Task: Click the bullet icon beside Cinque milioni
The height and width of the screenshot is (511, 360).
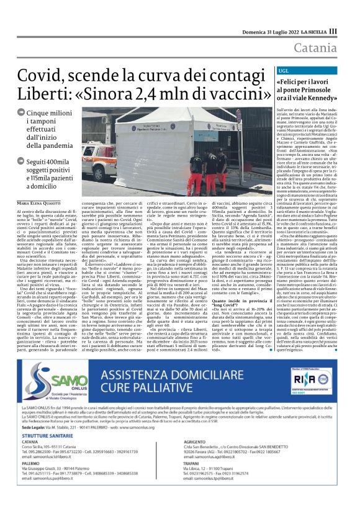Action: pos(21,112)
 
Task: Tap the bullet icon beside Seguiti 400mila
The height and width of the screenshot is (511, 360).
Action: pos(21,161)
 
